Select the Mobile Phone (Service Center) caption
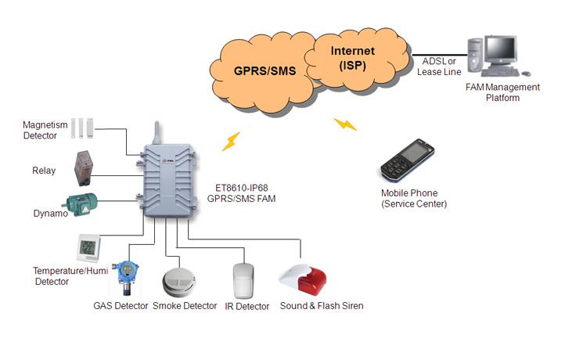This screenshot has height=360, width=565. [413, 199]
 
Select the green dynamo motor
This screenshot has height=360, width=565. [80, 204]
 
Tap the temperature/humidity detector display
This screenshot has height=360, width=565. [88, 248]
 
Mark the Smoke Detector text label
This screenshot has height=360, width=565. [185, 306]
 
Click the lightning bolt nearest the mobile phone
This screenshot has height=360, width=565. [345, 124]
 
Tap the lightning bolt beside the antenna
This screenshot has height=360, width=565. [231, 141]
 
